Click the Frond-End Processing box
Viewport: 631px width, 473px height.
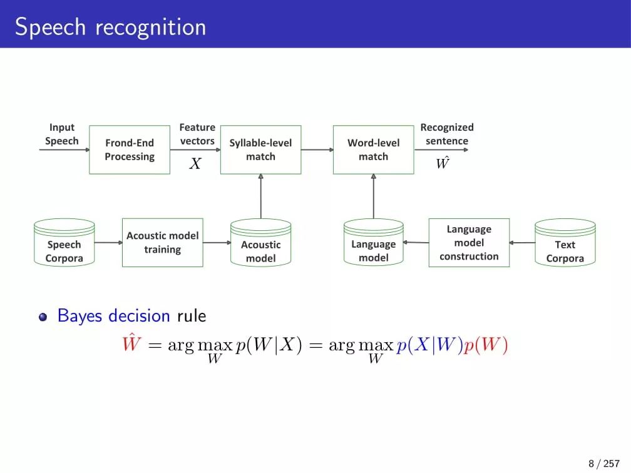[x=130, y=150]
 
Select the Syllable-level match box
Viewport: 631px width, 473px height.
[x=260, y=150]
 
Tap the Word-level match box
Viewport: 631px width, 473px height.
[x=373, y=150]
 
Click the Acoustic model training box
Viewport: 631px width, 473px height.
[x=162, y=242]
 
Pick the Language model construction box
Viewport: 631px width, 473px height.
[x=469, y=242]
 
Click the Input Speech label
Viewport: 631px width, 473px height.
[x=62, y=135]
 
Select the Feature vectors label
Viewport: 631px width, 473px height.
[x=197, y=135]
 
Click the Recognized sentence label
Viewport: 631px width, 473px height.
[x=447, y=135]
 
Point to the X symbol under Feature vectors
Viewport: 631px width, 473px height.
[x=195, y=164]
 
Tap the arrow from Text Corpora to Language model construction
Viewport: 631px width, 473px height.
[x=522, y=243]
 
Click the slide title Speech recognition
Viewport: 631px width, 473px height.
[x=110, y=27]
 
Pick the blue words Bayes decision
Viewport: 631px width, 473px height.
[x=113, y=315]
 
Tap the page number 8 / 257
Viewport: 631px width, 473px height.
[x=604, y=463]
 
